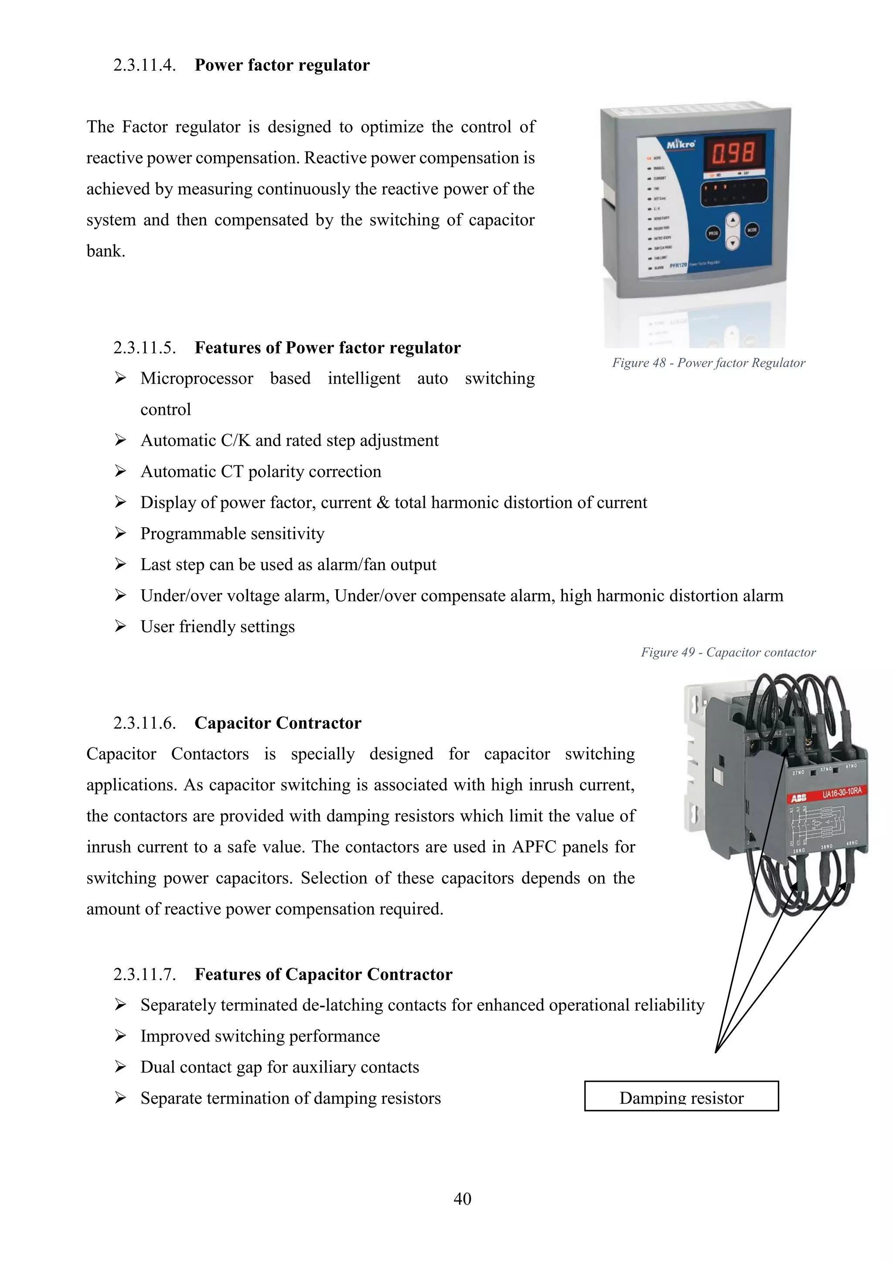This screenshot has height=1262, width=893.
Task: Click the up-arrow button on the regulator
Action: click(x=732, y=221)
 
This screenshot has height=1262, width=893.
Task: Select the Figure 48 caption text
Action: click(x=708, y=363)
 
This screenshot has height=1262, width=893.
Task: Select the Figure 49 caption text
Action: click(x=728, y=652)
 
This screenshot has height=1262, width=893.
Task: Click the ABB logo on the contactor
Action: click(x=798, y=798)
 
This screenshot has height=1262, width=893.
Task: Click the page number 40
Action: click(x=462, y=1199)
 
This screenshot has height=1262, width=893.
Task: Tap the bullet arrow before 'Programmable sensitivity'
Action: click(x=120, y=533)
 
